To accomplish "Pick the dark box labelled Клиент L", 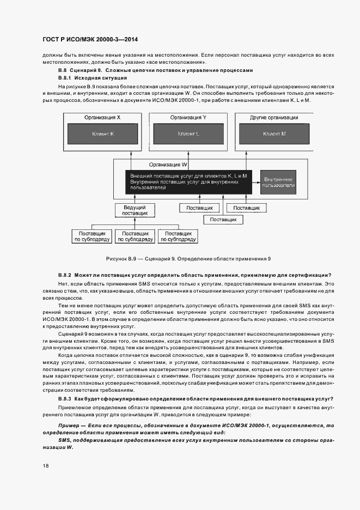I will pyautogui.click(x=188, y=133).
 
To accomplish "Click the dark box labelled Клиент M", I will pyautogui.click(x=274, y=133).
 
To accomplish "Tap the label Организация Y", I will pyautogui.click(x=188, y=118).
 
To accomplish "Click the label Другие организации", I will pyautogui.click(x=274, y=118).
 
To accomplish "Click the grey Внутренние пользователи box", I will pyautogui.click(x=278, y=182).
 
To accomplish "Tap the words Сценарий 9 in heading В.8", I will pyautogui.click(x=87, y=71).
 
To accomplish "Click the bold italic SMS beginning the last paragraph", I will pyautogui.click(x=64, y=440).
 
